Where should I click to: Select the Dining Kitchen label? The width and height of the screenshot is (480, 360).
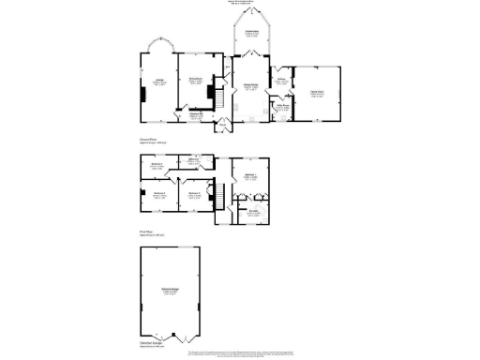tap(251, 87)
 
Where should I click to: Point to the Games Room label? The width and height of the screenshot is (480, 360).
tap(316, 91)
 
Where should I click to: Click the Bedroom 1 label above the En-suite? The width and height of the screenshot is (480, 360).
tap(250, 176)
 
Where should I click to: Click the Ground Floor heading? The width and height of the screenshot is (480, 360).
tap(152, 139)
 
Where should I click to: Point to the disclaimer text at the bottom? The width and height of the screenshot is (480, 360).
tap(240, 354)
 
